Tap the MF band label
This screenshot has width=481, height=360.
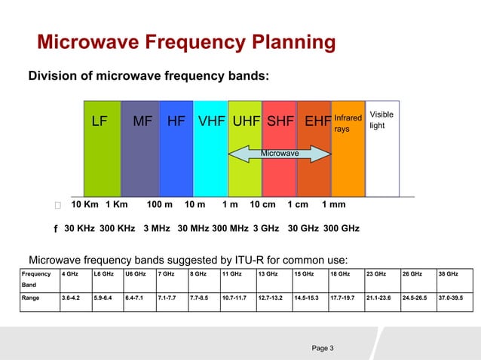click(x=142, y=121)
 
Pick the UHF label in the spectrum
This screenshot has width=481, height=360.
click(x=246, y=121)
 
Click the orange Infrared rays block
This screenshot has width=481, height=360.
click(x=348, y=151)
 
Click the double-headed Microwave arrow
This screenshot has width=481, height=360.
click(x=280, y=154)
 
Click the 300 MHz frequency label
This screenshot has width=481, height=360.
click(x=230, y=228)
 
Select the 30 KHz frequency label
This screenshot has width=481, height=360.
click(x=79, y=228)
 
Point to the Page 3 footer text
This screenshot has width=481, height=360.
click(x=322, y=347)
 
